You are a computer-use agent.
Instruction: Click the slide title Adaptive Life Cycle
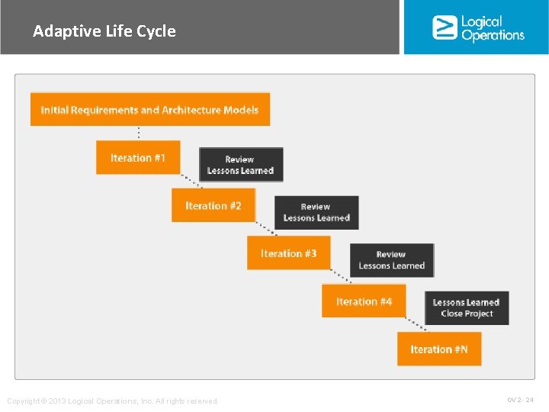pyautogui.click(x=104, y=31)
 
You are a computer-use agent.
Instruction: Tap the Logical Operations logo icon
pyautogui.click(x=445, y=27)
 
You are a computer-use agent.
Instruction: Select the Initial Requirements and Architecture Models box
pyautogui.click(x=149, y=110)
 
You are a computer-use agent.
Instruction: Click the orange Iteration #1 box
pyautogui.click(x=138, y=158)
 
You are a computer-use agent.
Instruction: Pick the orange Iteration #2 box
pyautogui.click(x=213, y=206)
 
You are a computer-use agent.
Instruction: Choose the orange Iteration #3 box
pyautogui.click(x=288, y=253)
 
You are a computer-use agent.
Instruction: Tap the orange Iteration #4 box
pyautogui.click(x=364, y=301)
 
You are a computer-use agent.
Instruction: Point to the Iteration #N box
pyautogui.click(x=439, y=349)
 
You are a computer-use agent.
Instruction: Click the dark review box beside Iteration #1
pyautogui.click(x=241, y=165)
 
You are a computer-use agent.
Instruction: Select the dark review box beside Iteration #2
pyautogui.click(x=316, y=212)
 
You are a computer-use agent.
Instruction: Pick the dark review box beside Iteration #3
pyautogui.click(x=392, y=260)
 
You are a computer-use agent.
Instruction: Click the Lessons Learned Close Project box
pyautogui.click(x=467, y=307)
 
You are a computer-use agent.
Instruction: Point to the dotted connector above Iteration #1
pyautogui.click(x=138, y=133)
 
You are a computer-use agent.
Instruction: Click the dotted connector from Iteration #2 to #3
pyautogui.click(x=265, y=228)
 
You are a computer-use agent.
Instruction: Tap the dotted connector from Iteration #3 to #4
pyautogui.click(x=340, y=276)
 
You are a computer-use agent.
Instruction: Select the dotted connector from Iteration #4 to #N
pyautogui.click(x=416, y=323)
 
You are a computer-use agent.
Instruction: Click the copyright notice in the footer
pyautogui.click(x=113, y=401)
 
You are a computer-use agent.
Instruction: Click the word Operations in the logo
pyautogui.click(x=493, y=35)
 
